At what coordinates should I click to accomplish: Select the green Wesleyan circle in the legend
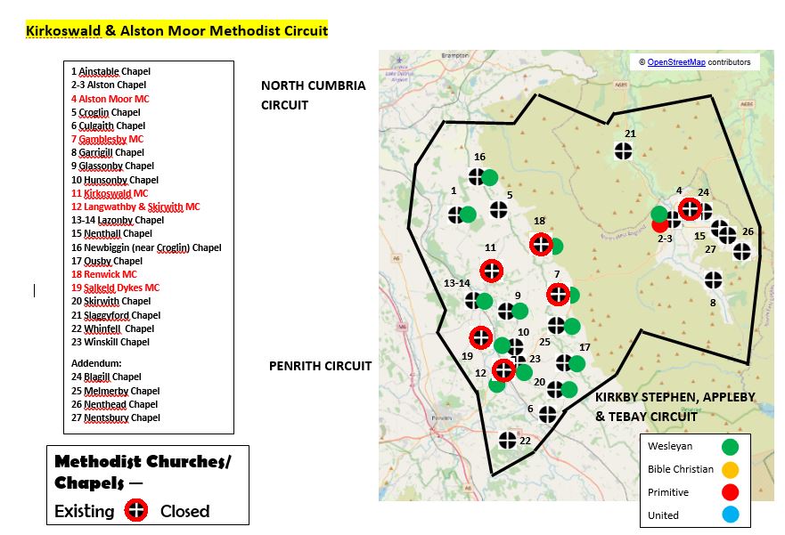731,446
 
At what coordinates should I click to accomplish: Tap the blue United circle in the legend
731,515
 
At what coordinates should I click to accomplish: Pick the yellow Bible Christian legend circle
731,469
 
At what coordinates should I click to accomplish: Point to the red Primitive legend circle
731,492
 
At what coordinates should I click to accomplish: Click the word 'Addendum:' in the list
96,363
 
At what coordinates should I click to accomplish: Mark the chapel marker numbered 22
507,440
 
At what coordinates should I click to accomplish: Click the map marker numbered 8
713,280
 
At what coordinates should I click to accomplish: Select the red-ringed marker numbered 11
491,271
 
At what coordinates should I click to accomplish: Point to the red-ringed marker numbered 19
480,337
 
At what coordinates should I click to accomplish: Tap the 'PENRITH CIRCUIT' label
320,365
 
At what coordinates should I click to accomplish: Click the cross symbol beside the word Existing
135,511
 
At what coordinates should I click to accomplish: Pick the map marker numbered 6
547,414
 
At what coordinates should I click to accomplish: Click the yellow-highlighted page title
176,31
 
